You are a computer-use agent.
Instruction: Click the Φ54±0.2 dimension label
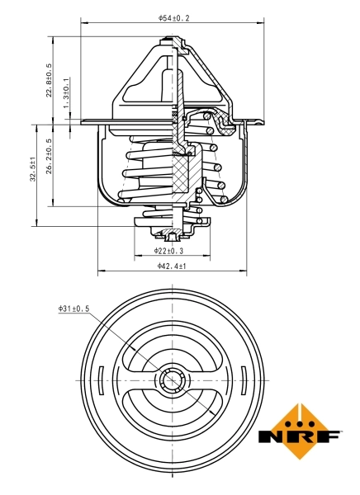pyautogui.click(x=173, y=17)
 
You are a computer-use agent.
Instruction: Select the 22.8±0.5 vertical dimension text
pyautogui.click(x=50, y=80)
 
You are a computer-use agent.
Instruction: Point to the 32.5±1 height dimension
pyautogui.click(x=31, y=175)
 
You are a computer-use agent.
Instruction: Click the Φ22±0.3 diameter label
pyautogui.click(x=168, y=250)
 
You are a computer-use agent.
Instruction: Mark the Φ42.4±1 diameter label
pyautogui.click(x=172, y=266)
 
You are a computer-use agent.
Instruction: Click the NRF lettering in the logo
pyautogui.click(x=300, y=436)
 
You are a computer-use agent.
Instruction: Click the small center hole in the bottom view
pyautogui.click(x=173, y=380)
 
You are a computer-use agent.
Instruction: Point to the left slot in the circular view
pyautogui.click(x=99, y=381)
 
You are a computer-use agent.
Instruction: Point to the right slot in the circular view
pyautogui.click(x=246, y=381)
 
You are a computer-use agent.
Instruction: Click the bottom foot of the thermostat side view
pyautogui.click(x=173, y=238)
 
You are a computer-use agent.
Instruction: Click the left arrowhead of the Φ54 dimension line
pyautogui.click(x=83, y=24)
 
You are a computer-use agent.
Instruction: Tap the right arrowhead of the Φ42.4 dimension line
pyautogui.click(x=245, y=272)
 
